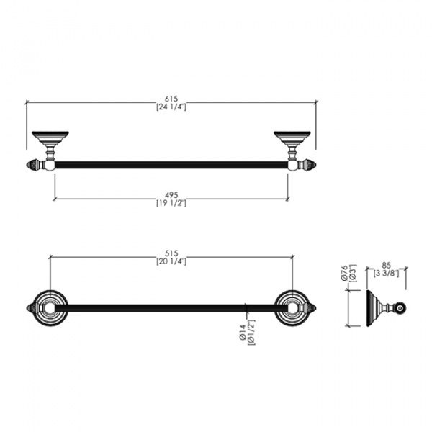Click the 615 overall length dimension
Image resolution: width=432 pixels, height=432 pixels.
point(171,99)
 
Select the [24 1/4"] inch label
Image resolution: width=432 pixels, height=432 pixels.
point(171,107)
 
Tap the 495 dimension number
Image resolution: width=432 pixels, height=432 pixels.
point(171,195)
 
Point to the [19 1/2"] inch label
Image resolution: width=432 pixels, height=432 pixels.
point(171,203)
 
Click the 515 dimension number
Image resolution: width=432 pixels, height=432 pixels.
point(171,253)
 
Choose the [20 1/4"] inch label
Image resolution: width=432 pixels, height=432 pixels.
point(171,261)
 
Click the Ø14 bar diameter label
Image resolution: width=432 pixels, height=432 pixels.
point(243,332)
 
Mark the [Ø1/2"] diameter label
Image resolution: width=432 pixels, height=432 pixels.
point(251,333)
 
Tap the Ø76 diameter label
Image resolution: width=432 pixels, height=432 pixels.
point(344,274)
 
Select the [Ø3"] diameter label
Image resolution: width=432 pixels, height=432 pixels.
point(353,274)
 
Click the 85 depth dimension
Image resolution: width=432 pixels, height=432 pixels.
point(386,266)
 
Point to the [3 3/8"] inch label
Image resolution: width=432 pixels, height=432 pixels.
point(386,274)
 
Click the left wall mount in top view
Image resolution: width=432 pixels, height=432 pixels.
point(50,145)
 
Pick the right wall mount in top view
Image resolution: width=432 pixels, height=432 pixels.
point(292,145)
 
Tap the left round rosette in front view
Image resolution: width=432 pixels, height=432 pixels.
point(50,308)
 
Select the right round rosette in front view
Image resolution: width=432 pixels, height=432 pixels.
point(292,308)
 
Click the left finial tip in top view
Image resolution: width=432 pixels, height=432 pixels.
point(27,165)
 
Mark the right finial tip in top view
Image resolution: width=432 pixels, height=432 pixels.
point(316,165)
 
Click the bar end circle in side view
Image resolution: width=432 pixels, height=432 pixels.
point(400,308)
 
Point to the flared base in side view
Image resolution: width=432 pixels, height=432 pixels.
point(373,308)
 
